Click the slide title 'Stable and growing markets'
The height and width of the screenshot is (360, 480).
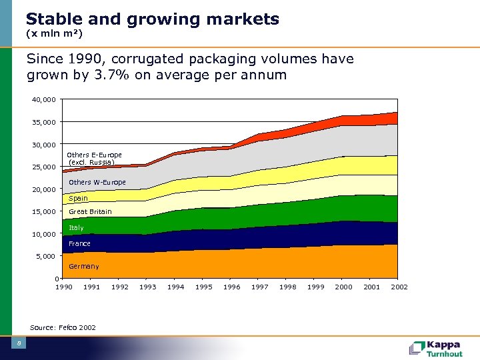153,19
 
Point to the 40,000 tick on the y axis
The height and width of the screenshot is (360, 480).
45,100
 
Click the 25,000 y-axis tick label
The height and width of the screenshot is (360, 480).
45,167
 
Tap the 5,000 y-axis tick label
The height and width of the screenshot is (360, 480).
47,256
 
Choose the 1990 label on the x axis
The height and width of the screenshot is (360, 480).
63,287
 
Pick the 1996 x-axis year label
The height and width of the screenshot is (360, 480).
231,287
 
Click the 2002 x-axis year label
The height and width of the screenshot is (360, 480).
399,287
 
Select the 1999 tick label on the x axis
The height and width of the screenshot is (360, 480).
315,287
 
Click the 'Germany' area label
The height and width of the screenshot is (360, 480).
84,267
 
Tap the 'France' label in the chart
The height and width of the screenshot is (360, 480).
79,244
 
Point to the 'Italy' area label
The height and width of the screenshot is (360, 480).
76,228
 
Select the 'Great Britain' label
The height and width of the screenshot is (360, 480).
90,212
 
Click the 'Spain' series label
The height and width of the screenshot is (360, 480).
78,199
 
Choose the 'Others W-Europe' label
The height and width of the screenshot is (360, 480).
97,183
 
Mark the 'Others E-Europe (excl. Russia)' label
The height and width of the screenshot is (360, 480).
94,159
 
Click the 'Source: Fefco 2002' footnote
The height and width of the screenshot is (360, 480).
63,327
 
